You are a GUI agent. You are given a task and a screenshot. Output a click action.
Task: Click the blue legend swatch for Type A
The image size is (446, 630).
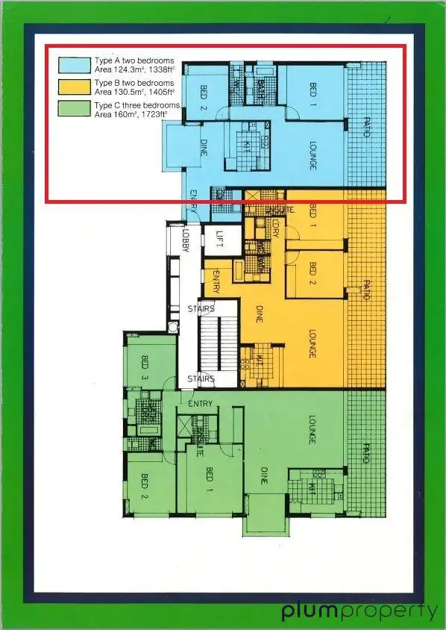coord(75,65)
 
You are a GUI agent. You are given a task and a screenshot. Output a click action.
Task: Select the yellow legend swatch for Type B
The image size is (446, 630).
coord(75,87)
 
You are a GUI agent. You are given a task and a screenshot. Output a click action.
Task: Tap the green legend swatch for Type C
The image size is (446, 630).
coord(75,110)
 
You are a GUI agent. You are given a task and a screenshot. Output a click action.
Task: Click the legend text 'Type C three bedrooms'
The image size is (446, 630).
coord(137,106)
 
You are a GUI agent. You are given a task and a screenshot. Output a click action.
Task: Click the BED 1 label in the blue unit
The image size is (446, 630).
coord(312,95)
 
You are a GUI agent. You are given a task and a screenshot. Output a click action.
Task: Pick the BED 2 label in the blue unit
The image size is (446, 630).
coord(203,96)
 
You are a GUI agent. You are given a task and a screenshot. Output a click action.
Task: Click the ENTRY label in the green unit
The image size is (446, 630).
coord(201,404)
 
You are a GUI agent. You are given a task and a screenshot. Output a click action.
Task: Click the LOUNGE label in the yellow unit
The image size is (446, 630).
coord(312,345)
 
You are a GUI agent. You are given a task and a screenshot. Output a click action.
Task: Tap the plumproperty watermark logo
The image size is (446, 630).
coord(359,611)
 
